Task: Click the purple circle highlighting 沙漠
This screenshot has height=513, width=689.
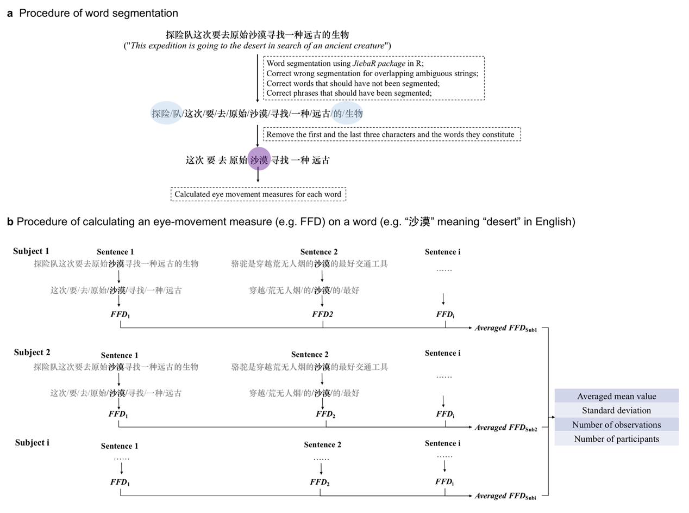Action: (x=259, y=160)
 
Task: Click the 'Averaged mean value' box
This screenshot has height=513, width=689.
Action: (x=616, y=396)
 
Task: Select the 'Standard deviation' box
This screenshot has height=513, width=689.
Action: (x=616, y=410)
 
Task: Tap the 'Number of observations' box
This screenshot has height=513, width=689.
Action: (x=616, y=424)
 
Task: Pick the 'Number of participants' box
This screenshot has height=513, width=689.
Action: (x=616, y=438)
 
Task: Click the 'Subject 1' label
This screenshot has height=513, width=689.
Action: (x=32, y=251)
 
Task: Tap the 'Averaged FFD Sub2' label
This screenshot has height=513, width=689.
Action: (x=506, y=428)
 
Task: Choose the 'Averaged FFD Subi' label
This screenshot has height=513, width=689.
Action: (x=506, y=496)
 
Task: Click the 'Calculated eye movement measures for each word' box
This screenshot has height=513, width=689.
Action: (x=258, y=194)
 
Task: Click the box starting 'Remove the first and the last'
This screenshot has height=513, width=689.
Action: (x=391, y=134)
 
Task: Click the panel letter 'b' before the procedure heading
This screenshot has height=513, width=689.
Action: (x=10, y=222)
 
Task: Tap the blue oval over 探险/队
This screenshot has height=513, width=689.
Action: (x=167, y=113)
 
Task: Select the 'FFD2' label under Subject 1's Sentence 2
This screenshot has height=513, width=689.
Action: (x=323, y=314)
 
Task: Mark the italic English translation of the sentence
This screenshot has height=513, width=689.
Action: (x=258, y=45)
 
